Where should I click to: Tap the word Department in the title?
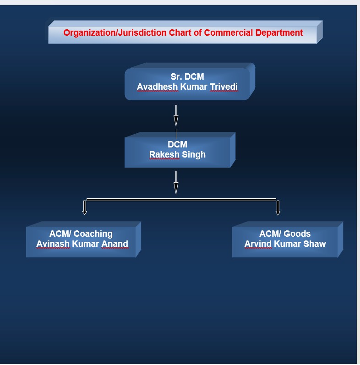[279, 33]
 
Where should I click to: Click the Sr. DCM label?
[187, 76]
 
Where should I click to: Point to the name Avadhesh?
[157, 87]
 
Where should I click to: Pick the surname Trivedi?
[224, 87]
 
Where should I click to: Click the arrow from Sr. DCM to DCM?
[176, 116]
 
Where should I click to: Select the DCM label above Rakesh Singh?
[177, 144]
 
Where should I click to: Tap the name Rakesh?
[164, 154]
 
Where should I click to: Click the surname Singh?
[194, 155]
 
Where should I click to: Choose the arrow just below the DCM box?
[176, 182]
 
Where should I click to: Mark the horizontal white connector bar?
[181, 200]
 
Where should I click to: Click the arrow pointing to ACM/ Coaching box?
[85, 207]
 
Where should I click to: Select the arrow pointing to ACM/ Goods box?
[278, 208]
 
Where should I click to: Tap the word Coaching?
[93, 234]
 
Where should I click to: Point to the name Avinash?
[53, 244]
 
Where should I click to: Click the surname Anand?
[115, 244]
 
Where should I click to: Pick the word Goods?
[297, 234]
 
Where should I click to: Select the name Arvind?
[258, 244]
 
